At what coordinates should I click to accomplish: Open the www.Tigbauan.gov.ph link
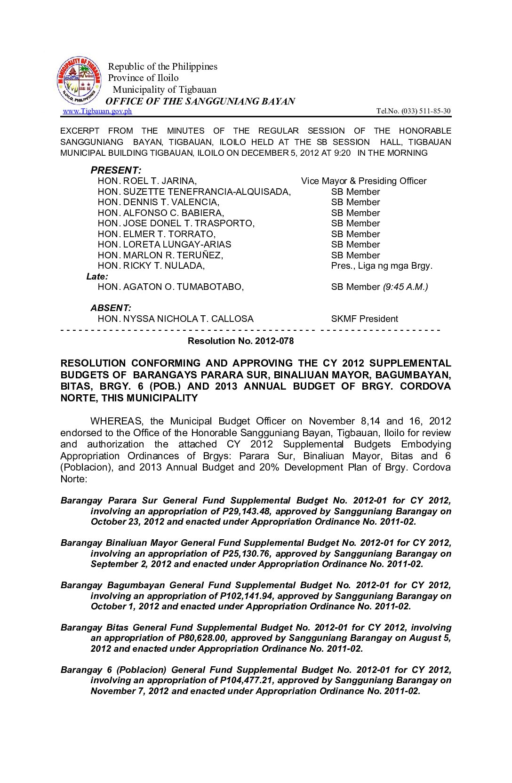(x=97, y=111)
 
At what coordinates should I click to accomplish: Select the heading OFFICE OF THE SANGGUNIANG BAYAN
(x=200, y=101)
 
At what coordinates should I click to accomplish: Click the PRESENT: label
(x=116, y=170)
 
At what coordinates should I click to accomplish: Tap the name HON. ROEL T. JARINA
(x=147, y=181)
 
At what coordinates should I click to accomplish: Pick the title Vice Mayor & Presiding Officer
(x=364, y=181)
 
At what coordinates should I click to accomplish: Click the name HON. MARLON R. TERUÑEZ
(x=160, y=256)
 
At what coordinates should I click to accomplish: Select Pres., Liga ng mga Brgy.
(x=382, y=266)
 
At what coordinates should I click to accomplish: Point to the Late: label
(x=97, y=277)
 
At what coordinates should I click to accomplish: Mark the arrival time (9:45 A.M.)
(x=405, y=287)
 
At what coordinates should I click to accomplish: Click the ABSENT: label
(x=111, y=308)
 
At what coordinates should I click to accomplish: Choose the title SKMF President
(x=364, y=319)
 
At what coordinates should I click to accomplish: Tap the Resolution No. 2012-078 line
(x=240, y=341)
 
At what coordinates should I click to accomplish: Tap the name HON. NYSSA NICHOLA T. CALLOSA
(x=175, y=319)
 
